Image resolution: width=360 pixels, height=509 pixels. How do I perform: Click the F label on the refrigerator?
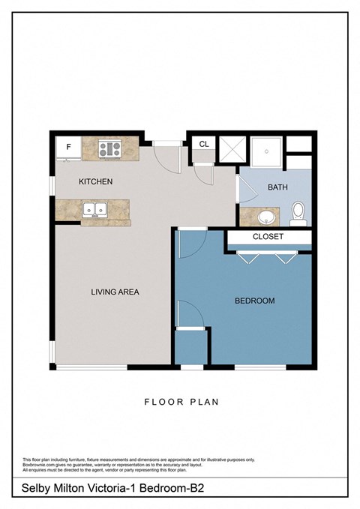[x=68, y=147]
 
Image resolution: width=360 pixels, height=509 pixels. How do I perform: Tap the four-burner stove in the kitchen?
[x=109, y=148]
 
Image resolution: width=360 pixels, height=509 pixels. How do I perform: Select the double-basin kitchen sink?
[x=94, y=210]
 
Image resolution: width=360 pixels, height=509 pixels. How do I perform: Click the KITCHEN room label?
[x=96, y=182]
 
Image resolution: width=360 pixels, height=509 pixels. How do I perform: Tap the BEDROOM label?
[x=254, y=301]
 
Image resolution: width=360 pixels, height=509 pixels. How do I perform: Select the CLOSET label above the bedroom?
[x=268, y=238]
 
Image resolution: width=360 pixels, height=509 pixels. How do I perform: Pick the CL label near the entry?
[x=203, y=145]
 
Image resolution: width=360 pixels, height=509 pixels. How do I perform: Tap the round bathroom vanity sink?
[x=266, y=217]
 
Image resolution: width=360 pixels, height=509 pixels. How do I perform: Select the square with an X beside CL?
[x=230, y=151]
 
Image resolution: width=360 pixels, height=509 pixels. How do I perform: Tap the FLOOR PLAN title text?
[x=181, y=402]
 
